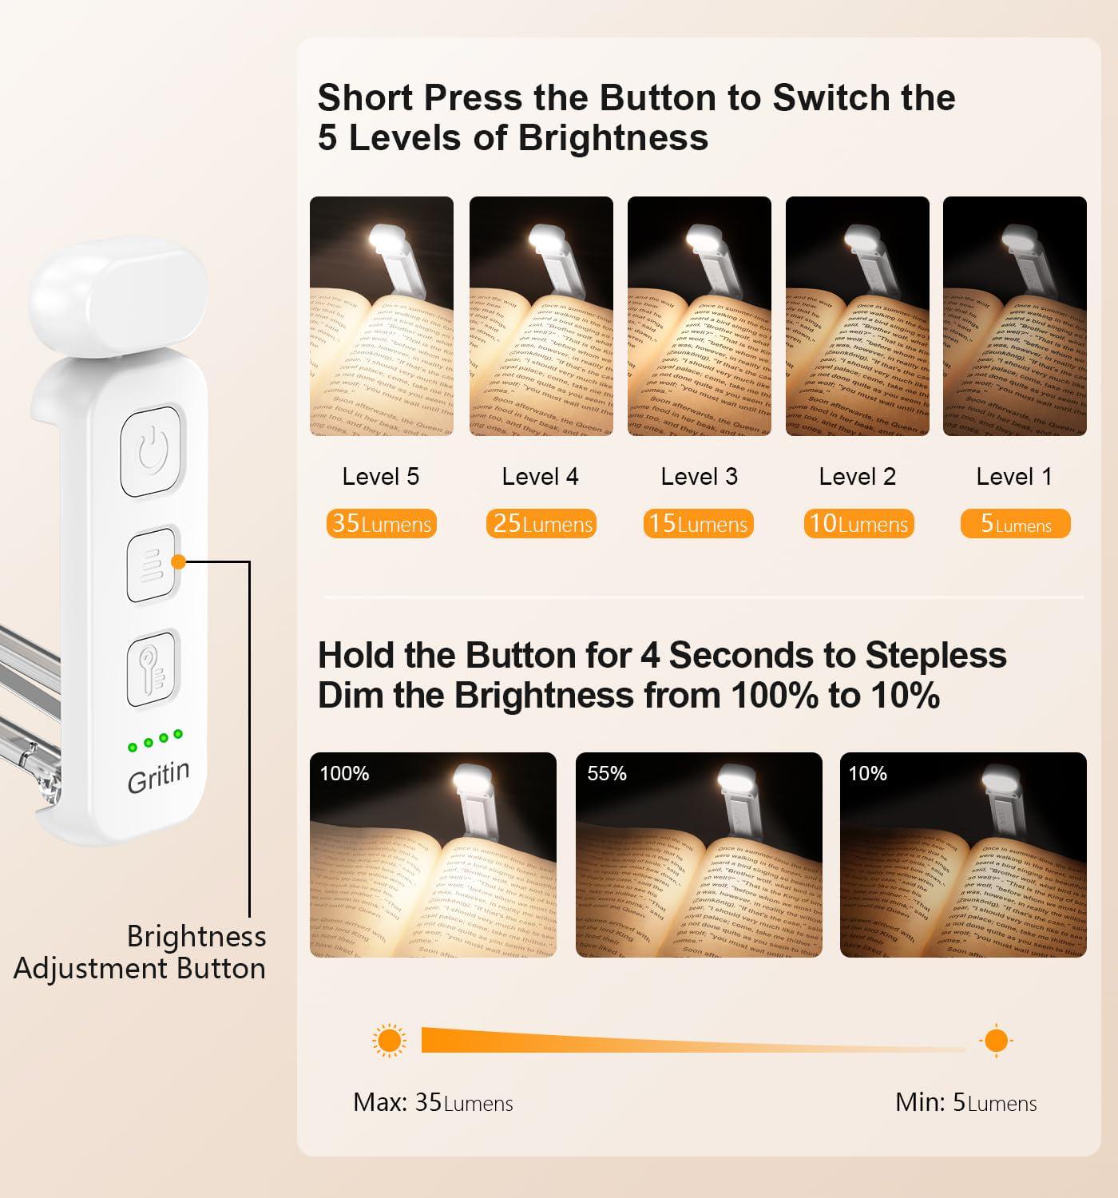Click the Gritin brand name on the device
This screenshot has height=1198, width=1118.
[x=159, y=776]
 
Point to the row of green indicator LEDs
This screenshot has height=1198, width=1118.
[x=155, y=740]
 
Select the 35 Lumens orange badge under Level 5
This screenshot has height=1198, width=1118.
[x=382, y=524]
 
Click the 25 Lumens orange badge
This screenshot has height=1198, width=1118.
[x=541, y=524]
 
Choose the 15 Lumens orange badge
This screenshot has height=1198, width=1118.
[x=698, y=524]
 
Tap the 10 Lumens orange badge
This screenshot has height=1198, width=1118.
[x=858, y=524]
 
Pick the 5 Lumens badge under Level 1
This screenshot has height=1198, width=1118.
[x=1015, y=524]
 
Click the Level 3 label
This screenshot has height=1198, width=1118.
[x=699, y=477]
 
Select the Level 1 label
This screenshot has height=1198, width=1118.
[x=1014, y=477]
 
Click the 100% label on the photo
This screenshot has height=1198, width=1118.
[x=344, y=773]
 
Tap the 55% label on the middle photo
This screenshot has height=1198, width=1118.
[x=607, y=773]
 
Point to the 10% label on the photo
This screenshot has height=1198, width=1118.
[x=868, y=773]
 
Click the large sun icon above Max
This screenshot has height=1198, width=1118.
[x=389, y=1041]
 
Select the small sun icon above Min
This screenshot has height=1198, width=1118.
[x=996, y=1041]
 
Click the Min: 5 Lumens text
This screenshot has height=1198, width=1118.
[x=965, y=1103]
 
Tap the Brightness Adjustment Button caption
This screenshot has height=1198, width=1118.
[x=141, y=952]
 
